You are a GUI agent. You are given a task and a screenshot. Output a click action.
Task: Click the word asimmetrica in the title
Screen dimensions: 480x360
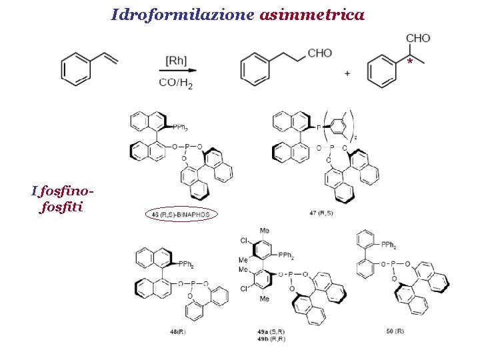[x=312, y=14]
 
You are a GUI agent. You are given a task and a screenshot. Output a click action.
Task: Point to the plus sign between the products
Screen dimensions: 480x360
[x=347, y=74]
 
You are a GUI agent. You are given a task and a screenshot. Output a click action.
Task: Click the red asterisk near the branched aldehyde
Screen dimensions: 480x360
[x=410, y=62]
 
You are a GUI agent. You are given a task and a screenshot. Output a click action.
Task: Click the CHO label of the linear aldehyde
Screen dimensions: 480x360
[x=321, y=53]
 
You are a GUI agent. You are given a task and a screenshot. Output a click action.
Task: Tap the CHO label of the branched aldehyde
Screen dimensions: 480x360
[x=418, y=39]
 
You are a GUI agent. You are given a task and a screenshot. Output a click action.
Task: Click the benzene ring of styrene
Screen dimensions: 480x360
[x=76, y=69]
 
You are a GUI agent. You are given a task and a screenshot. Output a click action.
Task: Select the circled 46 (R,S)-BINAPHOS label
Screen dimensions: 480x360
[x=181, y=215]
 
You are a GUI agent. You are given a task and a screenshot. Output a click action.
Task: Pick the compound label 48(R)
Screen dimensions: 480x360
[x=177, y=331]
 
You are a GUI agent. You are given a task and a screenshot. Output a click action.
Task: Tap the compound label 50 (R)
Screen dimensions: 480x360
[x=395, y=331]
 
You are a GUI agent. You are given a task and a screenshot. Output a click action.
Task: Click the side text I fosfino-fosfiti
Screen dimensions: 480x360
[x=61, y=199]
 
